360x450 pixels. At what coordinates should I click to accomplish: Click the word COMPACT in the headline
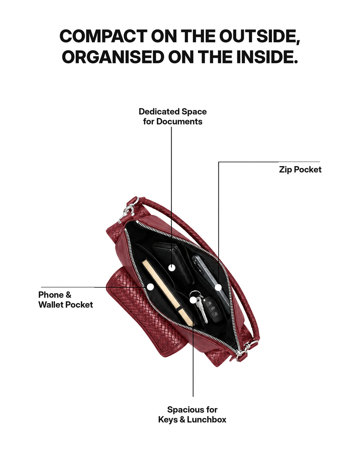tap(104, 36)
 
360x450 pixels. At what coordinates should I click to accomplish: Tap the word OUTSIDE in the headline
tap(260, 36)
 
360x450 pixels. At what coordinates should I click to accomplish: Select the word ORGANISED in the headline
tap(113, 57)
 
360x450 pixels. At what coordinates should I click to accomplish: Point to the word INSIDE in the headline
tap(267, 57)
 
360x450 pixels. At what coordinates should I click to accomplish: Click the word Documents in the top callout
tap(179, 121)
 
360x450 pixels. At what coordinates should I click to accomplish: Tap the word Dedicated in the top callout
tap(159, 112)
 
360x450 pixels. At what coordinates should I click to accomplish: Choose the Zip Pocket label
tap(300, 169)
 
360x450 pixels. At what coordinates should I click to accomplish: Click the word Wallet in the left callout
tap(51, 305)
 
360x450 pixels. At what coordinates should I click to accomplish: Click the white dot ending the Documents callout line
tap(172, 268)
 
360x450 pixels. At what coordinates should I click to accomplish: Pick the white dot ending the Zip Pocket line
tap(218, 287)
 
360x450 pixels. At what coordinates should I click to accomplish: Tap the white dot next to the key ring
tap(193, 300)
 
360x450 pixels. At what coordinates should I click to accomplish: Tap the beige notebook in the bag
tap(167, 293)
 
